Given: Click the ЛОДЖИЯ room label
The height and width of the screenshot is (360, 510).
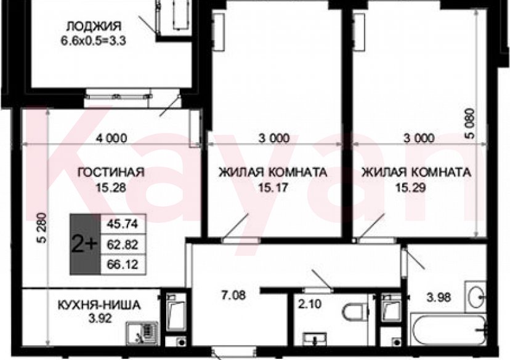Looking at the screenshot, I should click(93, 26).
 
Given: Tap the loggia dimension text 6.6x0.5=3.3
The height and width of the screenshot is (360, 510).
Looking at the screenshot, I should click(93, 41).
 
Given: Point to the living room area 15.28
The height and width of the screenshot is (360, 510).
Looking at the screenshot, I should click(111, 188).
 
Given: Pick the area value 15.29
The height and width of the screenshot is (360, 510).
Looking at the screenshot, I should click(417, 188).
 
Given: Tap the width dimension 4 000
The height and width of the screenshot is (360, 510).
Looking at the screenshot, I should click(111, 138).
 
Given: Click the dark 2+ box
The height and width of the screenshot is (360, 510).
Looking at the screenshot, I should click(84, 244).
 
